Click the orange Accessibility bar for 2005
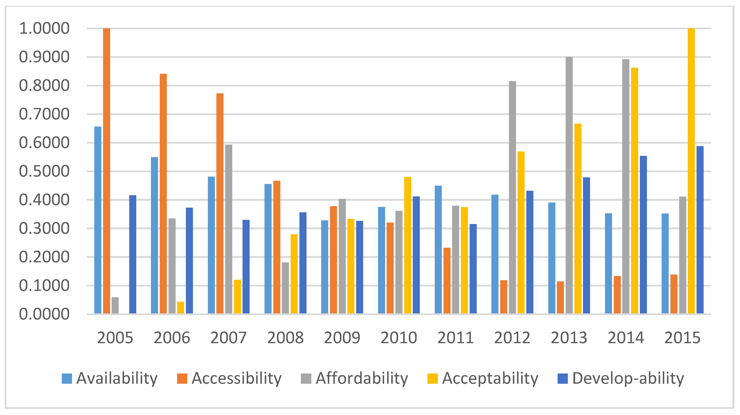click(x=106, y=171)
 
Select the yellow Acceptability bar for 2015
click(x=691, y=171)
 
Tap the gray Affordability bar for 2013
click(x=569, y=185)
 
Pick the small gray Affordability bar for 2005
click(x=115, y=305)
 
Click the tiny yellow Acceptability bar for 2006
click(x=180, y=308)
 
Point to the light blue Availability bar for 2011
click(x=438, y=249)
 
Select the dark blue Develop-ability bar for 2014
click(x=643, y=234)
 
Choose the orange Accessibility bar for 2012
click(x=504, y=297)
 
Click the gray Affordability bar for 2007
click(x=229, y=229)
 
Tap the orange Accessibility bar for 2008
click(x=277, y=247)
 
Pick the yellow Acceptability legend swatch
click(x=432, y=379)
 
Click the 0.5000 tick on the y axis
click(x=44, y=171)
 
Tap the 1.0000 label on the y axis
click(x=44, y=28)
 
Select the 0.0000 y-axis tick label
click(x=44, y=314)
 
